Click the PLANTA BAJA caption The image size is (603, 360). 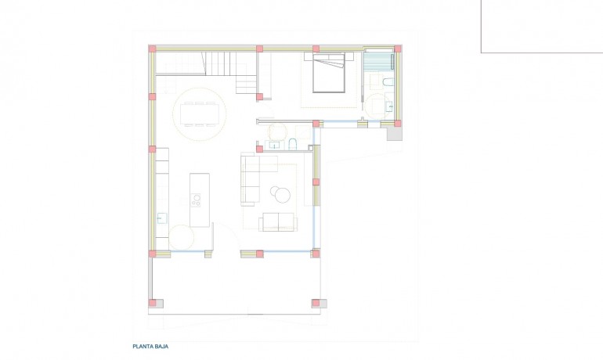[x=150, y=345]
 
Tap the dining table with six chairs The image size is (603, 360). [x=200, y=114]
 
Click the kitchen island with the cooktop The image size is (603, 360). [x=199, y=199]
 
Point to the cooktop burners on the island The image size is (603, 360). [x=197, y=200]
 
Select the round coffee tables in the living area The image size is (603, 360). [x=280, y=191]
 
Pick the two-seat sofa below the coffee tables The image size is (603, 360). [x=278, y=221]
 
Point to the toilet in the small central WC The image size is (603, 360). [x=291, y=143]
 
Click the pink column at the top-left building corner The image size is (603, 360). [x=152, y=49]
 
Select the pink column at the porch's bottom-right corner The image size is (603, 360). [x=316, y=303]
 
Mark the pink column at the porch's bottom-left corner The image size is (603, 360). [x=153, y=303]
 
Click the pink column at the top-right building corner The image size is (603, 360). [x=398, y=49]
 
